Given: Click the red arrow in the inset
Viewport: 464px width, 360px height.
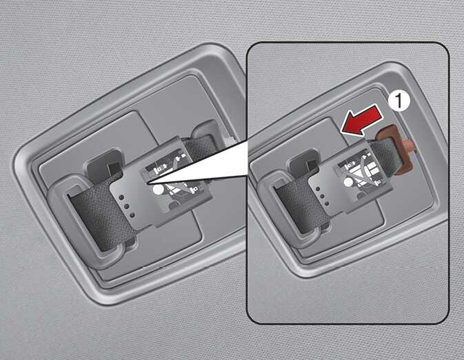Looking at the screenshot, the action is pyautogui.click(x=362, y=120).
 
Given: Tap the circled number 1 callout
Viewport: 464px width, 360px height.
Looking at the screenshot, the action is pyautogui.click(x=399, y=101).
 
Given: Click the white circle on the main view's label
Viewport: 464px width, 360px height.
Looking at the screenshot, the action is pyautogui.click(x=158, y=189).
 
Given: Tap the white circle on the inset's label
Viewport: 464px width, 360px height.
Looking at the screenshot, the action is pyautogui.click(x=349, y=182).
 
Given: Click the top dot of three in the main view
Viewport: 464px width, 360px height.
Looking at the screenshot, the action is pyautogui.click(x=121, y=197).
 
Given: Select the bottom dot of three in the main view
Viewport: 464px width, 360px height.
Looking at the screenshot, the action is pyautogui.click(x=132, y=215).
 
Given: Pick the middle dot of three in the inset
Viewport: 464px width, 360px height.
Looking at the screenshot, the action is pyautogui.click(x=322, y=196).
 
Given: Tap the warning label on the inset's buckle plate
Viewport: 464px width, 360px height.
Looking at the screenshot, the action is pyautogui.click(x=361, y=170).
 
